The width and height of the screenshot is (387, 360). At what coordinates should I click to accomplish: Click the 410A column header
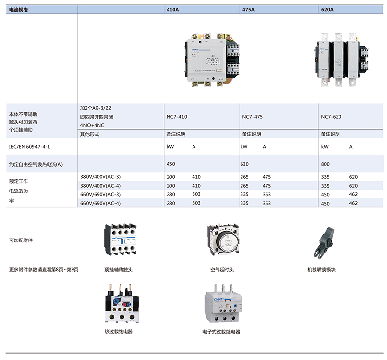pos(173,9)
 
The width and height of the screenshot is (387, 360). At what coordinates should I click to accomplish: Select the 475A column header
pos(248,9)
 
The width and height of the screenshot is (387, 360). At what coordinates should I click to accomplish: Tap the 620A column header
pos(327,9)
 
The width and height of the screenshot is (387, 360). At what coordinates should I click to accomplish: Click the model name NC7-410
pos(177,117)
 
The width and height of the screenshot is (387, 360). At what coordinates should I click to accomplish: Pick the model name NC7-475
pos(252,117)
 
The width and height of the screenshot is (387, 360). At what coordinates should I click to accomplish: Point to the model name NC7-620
pos(331,117)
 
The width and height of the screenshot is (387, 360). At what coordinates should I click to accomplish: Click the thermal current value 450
pos(171,164)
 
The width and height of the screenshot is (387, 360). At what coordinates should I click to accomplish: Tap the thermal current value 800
pos(325,164)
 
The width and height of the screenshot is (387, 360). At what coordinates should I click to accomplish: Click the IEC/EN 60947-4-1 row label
pos(29,146)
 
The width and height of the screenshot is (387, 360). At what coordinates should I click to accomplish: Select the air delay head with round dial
pos(222,240)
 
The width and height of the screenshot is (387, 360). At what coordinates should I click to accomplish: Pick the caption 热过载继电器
pos(119,332)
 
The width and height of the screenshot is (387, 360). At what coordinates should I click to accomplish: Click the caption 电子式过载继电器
pos(221,332)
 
